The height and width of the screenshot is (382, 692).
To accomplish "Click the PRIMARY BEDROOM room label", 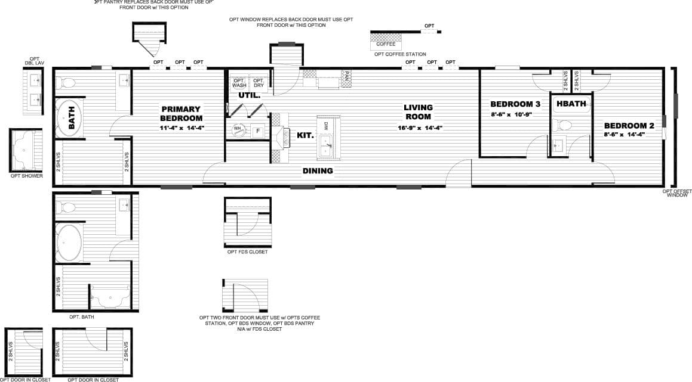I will (x=182, y=113).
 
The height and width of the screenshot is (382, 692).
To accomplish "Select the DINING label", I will (x=317, y=171).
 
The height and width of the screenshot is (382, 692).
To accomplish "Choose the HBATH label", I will (x=571, y=104).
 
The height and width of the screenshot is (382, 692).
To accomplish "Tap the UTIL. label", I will (x=248, y=95).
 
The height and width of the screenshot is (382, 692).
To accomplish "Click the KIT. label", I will (x=305, y=135).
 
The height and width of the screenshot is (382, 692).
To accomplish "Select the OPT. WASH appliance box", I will (x=239, y=83).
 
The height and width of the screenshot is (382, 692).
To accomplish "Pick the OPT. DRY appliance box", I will (x=259, y=83).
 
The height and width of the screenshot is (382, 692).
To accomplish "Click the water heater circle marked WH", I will (x=237, y=129).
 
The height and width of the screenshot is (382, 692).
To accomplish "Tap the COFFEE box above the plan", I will (x=386, y=44).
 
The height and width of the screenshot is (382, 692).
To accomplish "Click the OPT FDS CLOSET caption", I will (x=247, y=252).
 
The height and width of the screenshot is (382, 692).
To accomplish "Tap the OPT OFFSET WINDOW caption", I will (x=677, y=193).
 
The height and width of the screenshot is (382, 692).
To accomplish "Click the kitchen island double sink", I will (x=326, y=147).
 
